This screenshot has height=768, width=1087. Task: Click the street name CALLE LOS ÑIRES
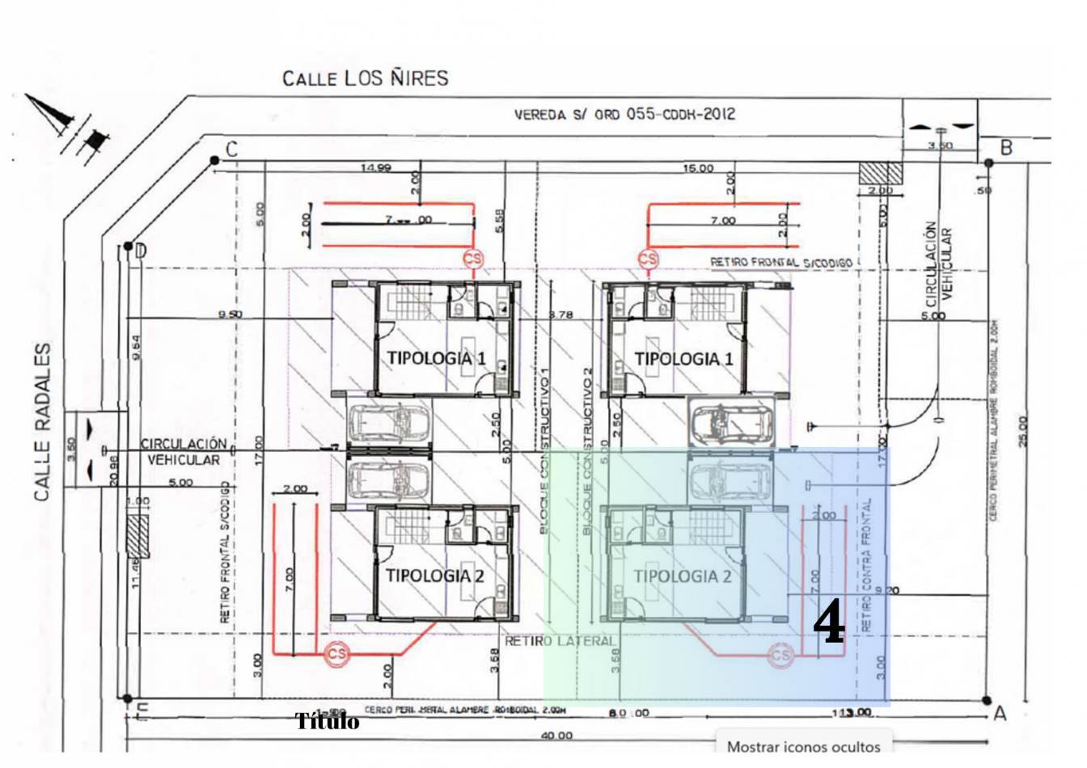coord(365,78)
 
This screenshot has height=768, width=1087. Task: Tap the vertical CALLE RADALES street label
coord(43,421)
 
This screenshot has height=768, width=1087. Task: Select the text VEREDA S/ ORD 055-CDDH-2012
coord(624,115)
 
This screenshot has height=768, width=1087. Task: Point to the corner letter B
coord(1006,148)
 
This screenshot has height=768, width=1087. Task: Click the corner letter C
coord(232,150)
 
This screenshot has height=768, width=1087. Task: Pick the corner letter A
coord(1000,713)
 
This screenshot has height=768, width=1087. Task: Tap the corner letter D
coord(141,251)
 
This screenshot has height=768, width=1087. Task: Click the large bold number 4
coord(828,623)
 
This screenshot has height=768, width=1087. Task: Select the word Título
coord(327,721)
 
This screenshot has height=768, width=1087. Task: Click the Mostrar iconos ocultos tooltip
coord(803,746)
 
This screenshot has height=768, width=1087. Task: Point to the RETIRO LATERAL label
coord(560,641)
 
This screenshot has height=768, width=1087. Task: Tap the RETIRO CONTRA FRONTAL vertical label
coord(867,564)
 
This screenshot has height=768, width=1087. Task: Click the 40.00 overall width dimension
coord(556,736)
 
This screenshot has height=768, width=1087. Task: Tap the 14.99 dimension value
coord(376,168)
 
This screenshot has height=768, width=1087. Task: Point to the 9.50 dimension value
coord(230,314)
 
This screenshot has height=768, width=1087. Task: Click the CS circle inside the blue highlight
coord(780,655)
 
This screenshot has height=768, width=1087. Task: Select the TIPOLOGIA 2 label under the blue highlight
coord(682,576)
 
